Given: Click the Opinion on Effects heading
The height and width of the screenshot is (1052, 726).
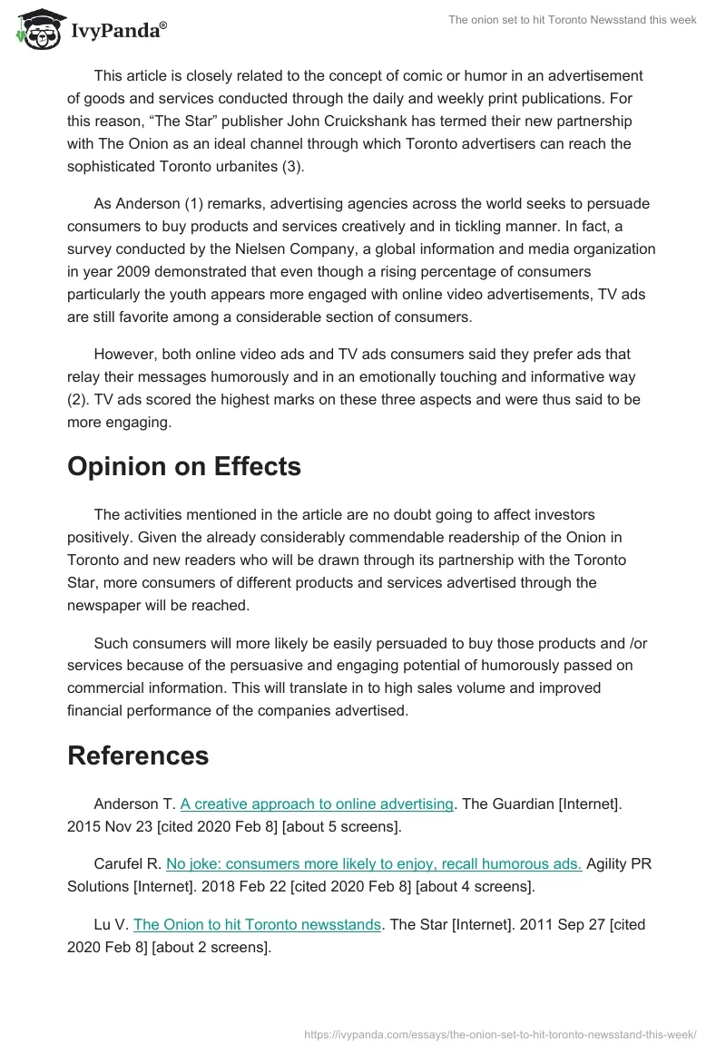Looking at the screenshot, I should coord(184,466).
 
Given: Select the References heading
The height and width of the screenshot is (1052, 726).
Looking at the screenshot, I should coord(138,755).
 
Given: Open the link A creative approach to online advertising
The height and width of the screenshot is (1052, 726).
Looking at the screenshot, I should coord(317,804).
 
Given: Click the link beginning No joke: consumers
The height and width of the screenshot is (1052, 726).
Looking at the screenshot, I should coord(374,863).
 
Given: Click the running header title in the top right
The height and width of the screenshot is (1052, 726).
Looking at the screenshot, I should coord(573,20).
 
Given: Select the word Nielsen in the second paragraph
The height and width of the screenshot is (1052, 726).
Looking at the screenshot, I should coord(300,248).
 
